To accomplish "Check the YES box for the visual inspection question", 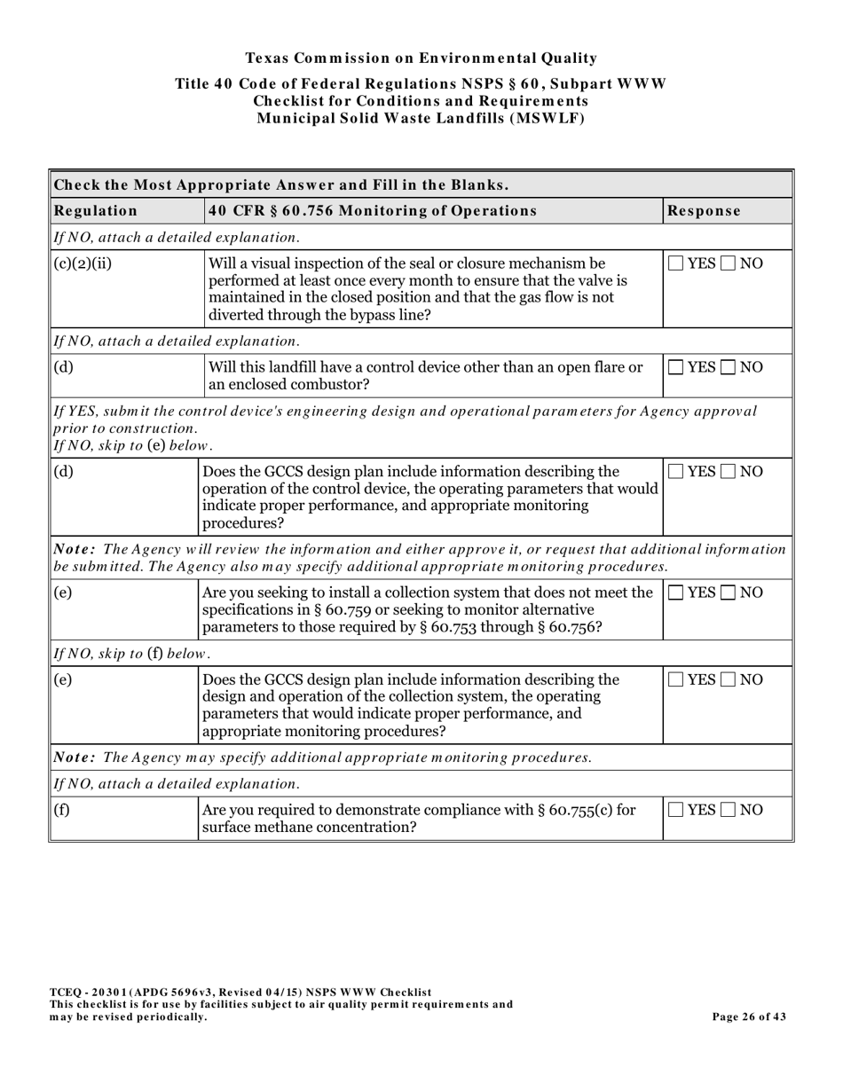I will pyautogui.click(x=676, y=263).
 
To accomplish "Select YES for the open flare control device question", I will pyautogui.click(x=676, y=367).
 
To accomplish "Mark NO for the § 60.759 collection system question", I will pyautogui.click(x=729, y=593).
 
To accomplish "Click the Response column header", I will pyautogui.click(x=704, y=211).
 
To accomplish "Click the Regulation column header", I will pyautogui.click(x=97, y=211).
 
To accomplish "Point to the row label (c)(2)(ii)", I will pyautogui.click(x=83, y=263).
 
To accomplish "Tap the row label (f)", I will pyautogui.click(x=62, y=810).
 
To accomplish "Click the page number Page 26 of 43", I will pyautogui.click(x=749, y=1017).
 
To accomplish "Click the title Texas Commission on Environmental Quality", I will pyautogui.click(x=421, y=59).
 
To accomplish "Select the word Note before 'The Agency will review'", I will pyautogui.click(x=75, y=550).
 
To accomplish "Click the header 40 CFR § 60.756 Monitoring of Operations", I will pyautogui.click(x=372, y=211).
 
